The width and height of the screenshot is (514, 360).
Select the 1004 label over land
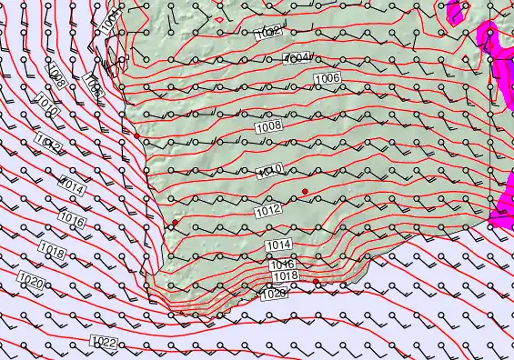coord(297,58)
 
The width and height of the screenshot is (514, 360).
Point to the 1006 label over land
coord(327,79)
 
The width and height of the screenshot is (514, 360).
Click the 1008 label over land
coord(267,127)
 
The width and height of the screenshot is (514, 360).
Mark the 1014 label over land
coord(278,245)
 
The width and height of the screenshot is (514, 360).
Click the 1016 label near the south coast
coord(282,265)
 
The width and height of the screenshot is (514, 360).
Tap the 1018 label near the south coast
coord(285,275)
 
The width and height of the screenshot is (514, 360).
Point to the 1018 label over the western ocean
coord(52,252)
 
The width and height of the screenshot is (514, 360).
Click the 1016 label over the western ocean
coord(73,221)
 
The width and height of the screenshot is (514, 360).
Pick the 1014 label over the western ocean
coord(73,188)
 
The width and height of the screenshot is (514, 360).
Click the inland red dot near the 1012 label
coord(306,191)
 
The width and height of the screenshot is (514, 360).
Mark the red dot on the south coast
coord(317,283)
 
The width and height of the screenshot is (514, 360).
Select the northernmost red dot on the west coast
coord(136,135)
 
